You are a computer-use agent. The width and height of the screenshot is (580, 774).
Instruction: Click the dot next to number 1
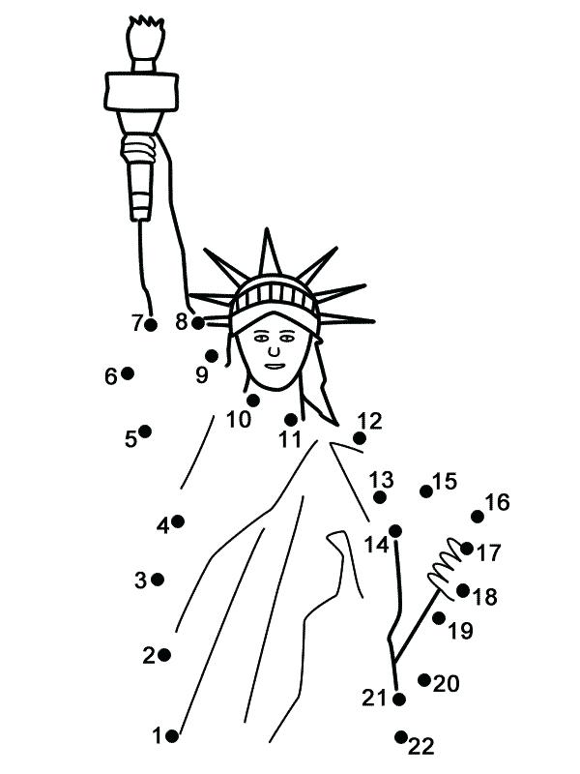click(x=173, y=735)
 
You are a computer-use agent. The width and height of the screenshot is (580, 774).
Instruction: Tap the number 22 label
click(x=421, y=745)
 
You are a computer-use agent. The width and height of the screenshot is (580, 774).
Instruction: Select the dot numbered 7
click(x=151, y=324)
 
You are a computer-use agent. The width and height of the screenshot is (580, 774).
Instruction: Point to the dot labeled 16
click(x=478, y=517)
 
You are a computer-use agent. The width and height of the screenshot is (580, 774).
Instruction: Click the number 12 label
click(x=369, y=421)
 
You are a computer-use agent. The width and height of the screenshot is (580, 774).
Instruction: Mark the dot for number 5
click(x=145, y=431)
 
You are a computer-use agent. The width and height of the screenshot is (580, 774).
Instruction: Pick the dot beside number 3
click(x=158, y=580)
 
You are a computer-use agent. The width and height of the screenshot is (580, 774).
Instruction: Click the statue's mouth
click(x=275, y=364)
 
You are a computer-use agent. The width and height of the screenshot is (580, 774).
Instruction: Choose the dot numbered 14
click(x=395, y=531)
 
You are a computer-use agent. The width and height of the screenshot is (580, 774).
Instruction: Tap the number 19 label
click(x=461, y=631)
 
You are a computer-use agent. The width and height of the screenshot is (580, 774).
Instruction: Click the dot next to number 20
click(x=424, y=679)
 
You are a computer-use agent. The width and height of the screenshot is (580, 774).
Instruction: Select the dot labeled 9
click(x=212, y=356)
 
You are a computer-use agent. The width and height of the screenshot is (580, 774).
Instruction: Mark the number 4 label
click(x=162, y=525)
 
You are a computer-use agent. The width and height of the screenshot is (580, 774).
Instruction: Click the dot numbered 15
click(x=426, y=491)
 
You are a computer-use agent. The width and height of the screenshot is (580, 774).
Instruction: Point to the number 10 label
click(x=238, y=420)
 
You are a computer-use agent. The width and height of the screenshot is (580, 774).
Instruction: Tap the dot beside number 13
click(x=380, y=497)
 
